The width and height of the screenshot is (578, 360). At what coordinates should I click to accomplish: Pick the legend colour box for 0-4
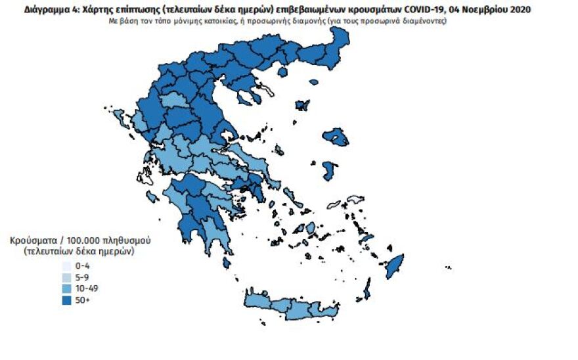coord(66,266)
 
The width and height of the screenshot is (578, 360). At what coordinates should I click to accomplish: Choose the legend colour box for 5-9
coord(66,277)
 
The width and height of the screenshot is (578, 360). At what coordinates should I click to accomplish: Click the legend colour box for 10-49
coord(66,288)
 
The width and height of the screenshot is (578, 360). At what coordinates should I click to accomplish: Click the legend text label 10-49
coord(87,288)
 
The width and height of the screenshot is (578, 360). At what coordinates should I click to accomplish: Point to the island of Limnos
coord(303,105)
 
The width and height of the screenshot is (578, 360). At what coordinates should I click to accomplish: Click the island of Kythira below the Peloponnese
coord(227,263)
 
